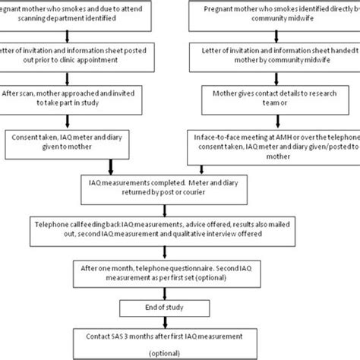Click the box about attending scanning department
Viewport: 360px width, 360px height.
click(76, 13)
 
